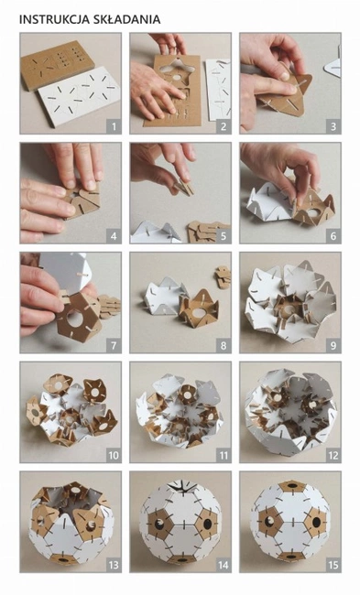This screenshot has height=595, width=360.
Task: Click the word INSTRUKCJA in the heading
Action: point(52,19)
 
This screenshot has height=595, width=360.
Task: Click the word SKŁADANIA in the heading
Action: point(125,19)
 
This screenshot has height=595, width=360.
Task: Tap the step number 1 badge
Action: point(114,126)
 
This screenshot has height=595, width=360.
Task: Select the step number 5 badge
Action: point(224,236)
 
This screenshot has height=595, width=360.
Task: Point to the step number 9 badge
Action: point(333,346)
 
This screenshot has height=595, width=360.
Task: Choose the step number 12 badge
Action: point(333,455)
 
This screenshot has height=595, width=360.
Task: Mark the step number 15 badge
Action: point(333,565)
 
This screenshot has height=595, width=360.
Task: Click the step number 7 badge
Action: point(114,346)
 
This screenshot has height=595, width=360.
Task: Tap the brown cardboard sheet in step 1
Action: point(58,64)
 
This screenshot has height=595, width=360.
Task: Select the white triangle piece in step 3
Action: point(333,68)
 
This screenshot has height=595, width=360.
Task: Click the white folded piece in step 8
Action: point(165,296)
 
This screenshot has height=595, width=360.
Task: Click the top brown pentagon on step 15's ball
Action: point(292,486)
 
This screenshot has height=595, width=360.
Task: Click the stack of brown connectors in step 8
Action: point(224,277)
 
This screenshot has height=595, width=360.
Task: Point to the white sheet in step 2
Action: point(219,90)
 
